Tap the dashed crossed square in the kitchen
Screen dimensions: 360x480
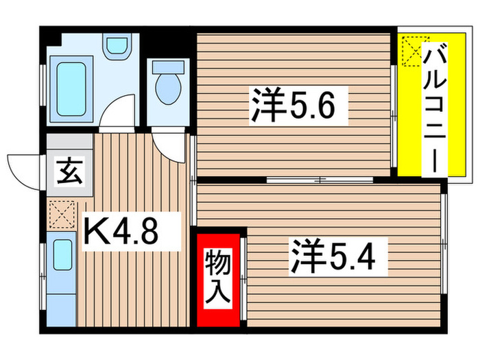point(60,213)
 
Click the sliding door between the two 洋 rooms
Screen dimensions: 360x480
point(319,180)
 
